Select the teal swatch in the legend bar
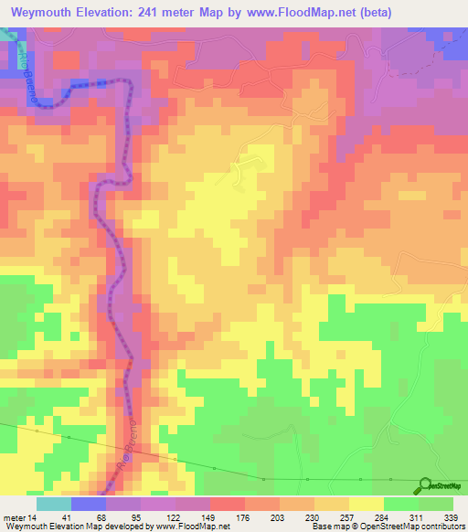54,504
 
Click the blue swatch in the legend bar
89,504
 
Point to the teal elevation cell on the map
7,34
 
